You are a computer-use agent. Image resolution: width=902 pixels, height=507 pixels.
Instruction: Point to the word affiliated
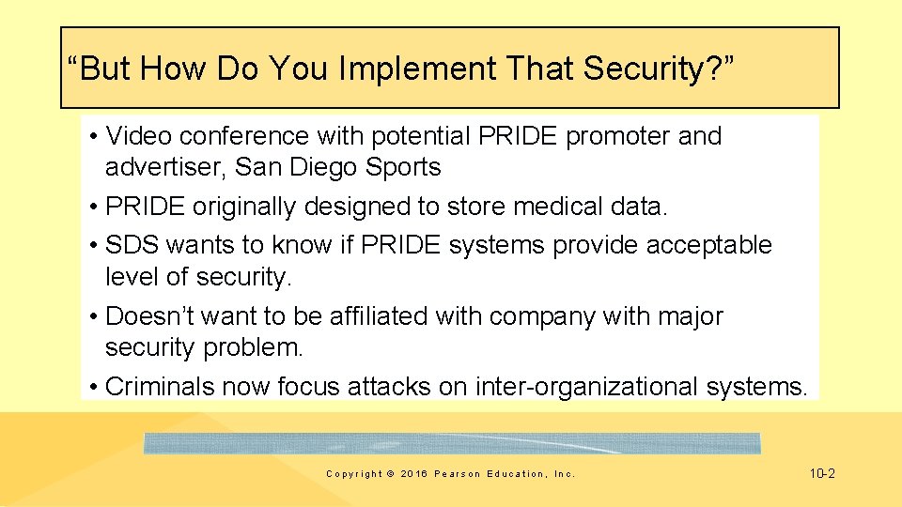click(380, 316)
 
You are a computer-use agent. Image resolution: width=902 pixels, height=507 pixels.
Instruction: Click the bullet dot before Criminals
click(96, 387)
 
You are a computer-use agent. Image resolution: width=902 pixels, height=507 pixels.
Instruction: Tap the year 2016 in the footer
click(413, 474)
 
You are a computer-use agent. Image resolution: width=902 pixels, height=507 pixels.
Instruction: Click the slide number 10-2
click(821, 473)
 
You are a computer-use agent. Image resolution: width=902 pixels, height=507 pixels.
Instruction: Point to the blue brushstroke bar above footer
click(451, 443)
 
